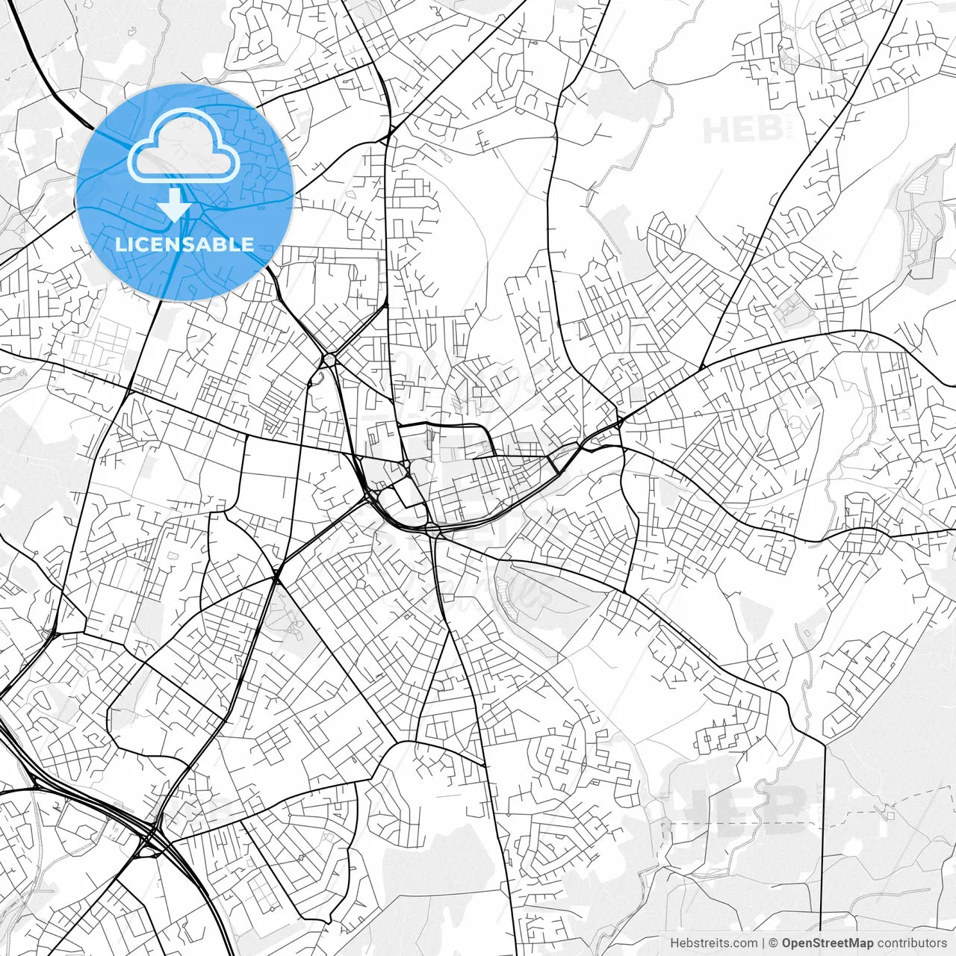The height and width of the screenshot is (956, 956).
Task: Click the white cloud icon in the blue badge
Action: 184,146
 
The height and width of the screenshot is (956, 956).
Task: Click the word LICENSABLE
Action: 184,244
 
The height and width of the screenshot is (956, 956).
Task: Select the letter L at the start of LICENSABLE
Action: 120,244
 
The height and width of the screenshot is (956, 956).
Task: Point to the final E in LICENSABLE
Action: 247,244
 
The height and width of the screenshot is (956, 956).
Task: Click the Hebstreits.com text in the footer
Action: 713,943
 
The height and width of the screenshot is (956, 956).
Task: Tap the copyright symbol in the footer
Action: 774,943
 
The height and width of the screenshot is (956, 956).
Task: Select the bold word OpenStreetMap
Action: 828,943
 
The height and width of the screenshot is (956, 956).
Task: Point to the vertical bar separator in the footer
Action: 763,943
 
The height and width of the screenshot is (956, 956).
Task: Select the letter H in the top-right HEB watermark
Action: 715,130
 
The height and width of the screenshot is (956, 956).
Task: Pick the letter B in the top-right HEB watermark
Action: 767,130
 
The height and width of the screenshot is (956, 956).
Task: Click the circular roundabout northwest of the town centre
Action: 329,361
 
